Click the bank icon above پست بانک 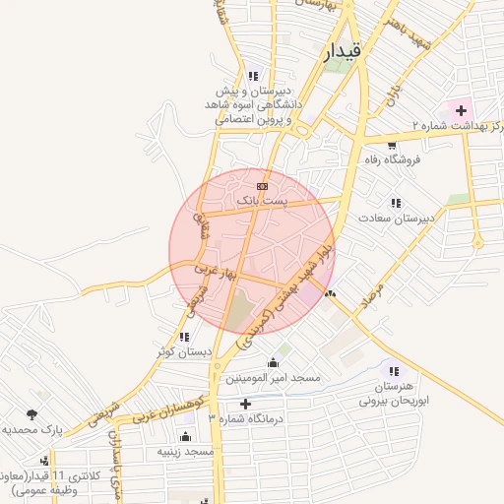click(x=262, y=185)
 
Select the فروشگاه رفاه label click(x=391, y=159)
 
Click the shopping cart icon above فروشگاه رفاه click(x=392, y=145)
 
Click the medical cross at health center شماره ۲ click(x=461, y=109)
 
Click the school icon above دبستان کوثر click(x=185, y=337)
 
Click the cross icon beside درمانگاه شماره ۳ click(x=245, y=404)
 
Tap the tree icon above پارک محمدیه click(x=35, y=414)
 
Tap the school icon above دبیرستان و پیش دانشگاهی click(x=254, y=75)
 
